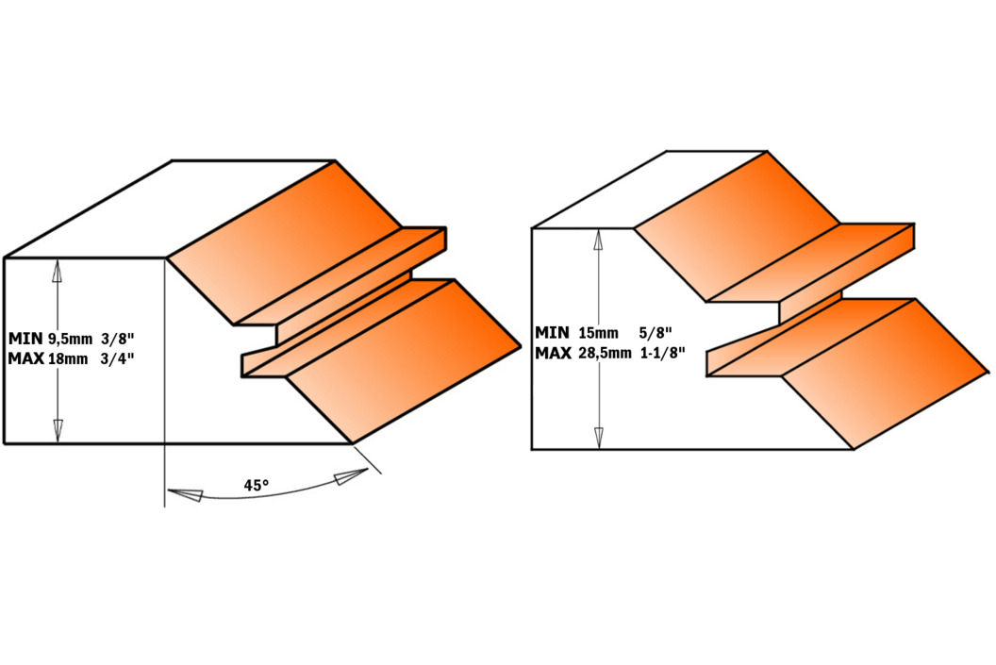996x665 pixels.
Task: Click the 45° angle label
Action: (x=256, y=485)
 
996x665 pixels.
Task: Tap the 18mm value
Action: (x=68, y=358)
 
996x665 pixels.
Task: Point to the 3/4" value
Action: (x=118, y=358)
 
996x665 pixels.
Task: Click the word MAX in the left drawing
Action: (x=26, y=358)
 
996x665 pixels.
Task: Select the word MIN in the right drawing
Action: (x=552, y=332)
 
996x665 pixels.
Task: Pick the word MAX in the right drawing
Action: (x=554, y=353)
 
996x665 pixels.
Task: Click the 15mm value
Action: (x=598, y=333)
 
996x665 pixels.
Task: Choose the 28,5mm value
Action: (x=606, y=354)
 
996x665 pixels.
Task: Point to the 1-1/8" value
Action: (x=662, y=353)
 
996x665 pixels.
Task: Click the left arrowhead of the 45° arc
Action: (x=184, y=493)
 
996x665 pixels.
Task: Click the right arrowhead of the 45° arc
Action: (x=352, y=475)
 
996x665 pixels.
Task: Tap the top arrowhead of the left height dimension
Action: (x=58, y=272)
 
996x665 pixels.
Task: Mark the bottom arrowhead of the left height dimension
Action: (x=58, y=431)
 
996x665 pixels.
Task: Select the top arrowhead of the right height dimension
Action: (x=598, y=241)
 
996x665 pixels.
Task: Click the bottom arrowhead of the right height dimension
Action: (x=598, y=437)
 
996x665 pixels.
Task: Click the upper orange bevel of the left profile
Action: (x=286, y=241)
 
